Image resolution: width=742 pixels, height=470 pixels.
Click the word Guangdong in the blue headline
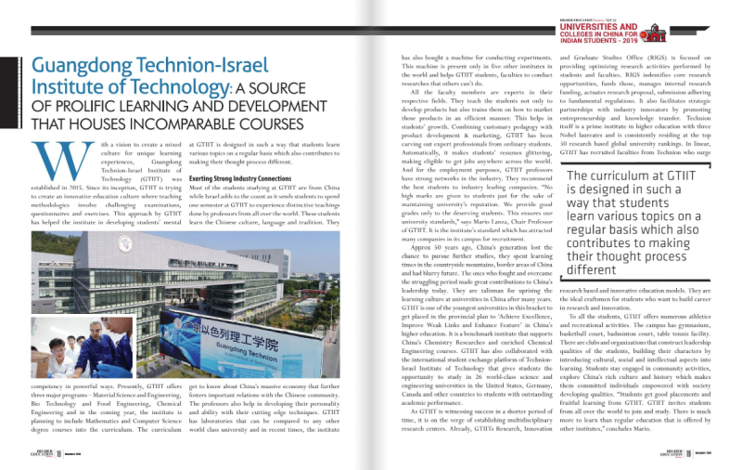[x=88, y=68]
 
